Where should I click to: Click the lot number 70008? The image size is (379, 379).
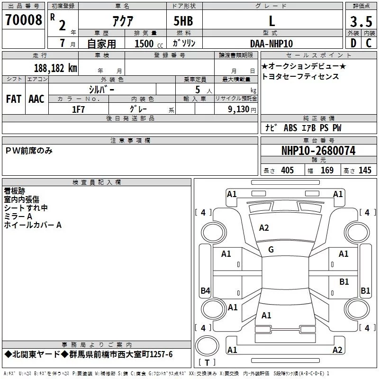[23, 20]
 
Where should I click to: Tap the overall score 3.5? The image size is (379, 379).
[361, 22]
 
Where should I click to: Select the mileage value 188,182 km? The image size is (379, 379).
[55, 68]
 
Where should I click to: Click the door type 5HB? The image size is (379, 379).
[183, 21]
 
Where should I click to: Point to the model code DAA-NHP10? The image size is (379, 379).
[271, 44]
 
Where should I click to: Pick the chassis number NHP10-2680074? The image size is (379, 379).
[318, 151]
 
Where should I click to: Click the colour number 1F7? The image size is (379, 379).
[78, 109]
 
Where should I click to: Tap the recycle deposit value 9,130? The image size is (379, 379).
[238, 109]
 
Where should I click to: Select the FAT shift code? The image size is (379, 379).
[14, 99]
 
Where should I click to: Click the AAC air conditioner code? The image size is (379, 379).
[36, 99]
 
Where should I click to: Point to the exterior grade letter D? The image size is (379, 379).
[353, 43]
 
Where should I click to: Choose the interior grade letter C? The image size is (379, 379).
[369, 43]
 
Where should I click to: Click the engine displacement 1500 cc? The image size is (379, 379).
[149, 44]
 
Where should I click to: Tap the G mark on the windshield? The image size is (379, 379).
[271, 250]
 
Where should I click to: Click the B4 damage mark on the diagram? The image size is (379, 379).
[206, 290]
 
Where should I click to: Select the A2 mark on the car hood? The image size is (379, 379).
[264, 228]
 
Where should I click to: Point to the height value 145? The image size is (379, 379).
[365, 171]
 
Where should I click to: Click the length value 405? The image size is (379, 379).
[288, 171]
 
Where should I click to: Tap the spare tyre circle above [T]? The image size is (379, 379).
[207, 346]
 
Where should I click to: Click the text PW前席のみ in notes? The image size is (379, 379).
[29, 151]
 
